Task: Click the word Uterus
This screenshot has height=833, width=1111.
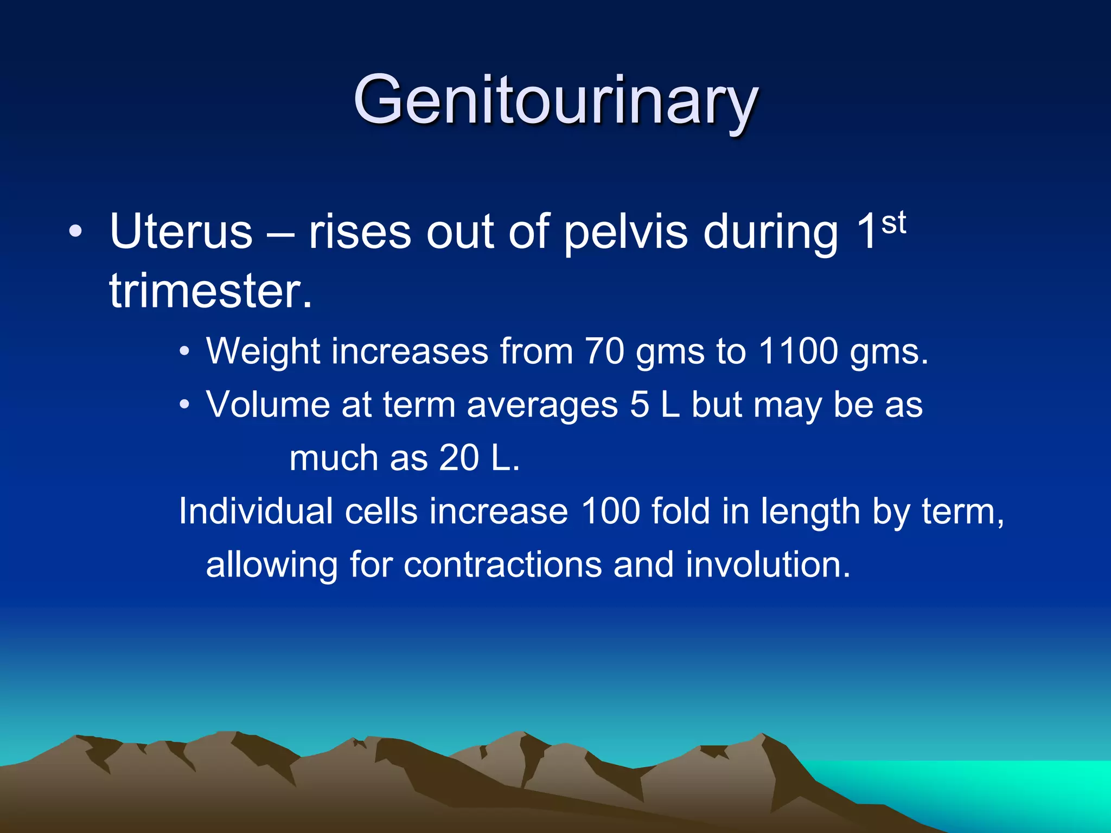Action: tap(181, 232)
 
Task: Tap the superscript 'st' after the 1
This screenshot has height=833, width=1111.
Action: tap(893, 223)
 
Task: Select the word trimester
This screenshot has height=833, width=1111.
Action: tap(211, 291)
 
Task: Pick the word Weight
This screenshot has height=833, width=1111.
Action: tap(263, 351)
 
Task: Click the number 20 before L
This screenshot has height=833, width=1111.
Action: tap(459, 458)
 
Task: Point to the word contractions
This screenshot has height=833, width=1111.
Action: tap(503, 565)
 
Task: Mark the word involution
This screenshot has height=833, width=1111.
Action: tap(768, 565)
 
